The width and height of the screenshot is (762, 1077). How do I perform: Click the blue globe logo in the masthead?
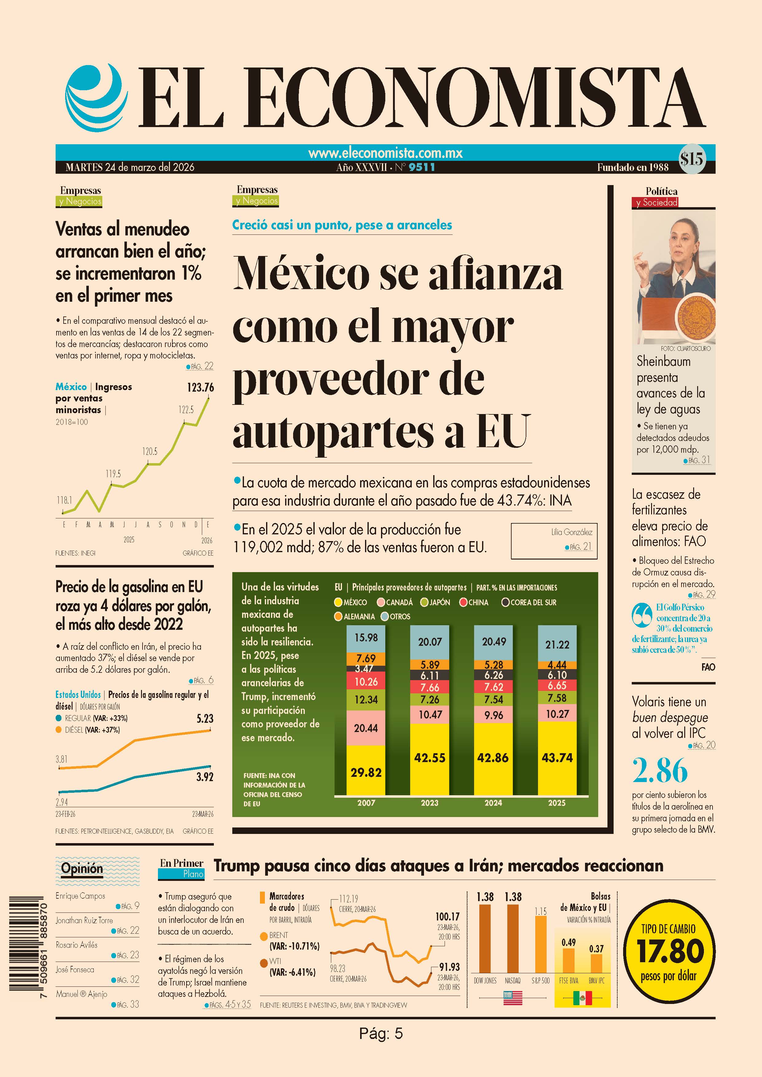pyautogui.click(x=96, y=97)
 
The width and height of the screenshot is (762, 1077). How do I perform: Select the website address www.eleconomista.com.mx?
pyautogui.click(x=385, y=153)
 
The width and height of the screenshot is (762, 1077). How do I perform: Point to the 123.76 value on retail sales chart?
pyautogui.click(x=200, y=387)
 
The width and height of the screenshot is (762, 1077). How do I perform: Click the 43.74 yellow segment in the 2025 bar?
pyautogui.click(x=557, y=757)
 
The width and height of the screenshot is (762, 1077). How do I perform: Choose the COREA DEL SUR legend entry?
pyautogui.click(x=529, y=602)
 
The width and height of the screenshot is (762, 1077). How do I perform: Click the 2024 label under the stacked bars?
pyautogui.click(x=493, y=803)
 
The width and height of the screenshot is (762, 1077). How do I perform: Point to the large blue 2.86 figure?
pyautogui.click(x=660, y=771)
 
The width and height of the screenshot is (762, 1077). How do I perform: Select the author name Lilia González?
pyautogui.click(x=572, y=532)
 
